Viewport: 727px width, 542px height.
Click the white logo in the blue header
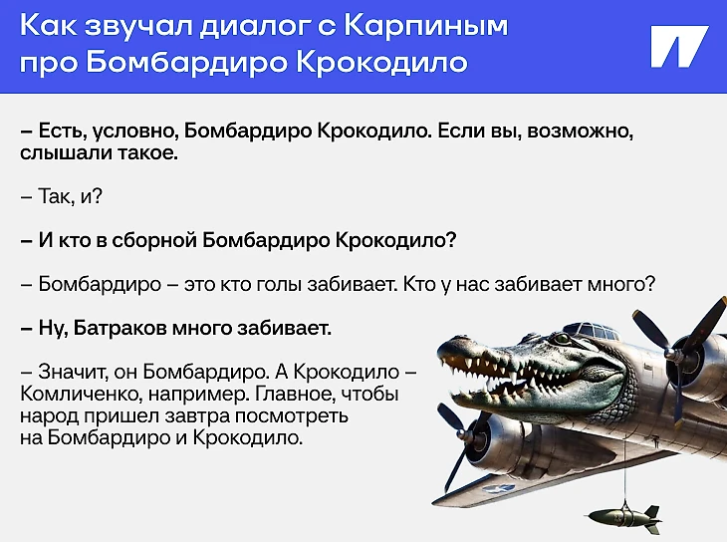[x=679, y=47]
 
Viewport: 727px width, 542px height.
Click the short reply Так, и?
[x=61, y=196]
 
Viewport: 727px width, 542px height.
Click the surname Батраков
[x=121, y=328]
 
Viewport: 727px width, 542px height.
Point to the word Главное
[x=295, y=394]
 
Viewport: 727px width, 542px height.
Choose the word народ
[x=49, y=416]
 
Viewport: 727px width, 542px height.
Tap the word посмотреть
[x=292, y=415]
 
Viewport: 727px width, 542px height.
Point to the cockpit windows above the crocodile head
[x=597, y=331]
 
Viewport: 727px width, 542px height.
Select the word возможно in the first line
[x=580, y=132]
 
